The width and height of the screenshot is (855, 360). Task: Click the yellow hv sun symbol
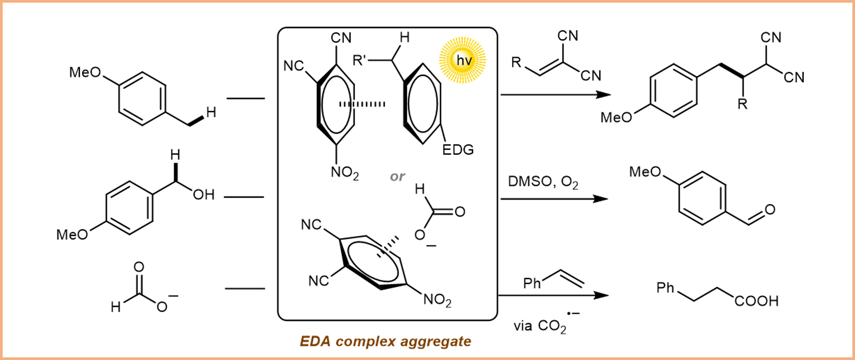[462, 60]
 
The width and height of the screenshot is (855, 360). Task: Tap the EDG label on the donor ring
[458, 150]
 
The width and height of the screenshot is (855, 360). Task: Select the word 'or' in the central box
[397, 176]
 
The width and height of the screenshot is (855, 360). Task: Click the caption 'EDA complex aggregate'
[386, 341]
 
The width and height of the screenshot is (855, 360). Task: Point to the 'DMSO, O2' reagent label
[543, 182]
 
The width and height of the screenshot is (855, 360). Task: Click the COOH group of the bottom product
[756, 301]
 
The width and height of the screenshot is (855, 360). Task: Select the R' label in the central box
[359, 60]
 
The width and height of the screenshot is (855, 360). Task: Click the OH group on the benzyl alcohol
[204, 195]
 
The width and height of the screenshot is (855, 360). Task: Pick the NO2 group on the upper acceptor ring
[344, 172]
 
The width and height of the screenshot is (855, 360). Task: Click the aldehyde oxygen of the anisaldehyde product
[770, 209]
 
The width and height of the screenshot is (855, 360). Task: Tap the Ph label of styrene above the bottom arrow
[532, 283]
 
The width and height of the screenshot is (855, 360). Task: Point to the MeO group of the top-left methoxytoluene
[85, 72]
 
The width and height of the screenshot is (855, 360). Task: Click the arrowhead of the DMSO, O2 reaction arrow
[602, 199]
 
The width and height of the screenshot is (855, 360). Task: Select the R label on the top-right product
[742, 104]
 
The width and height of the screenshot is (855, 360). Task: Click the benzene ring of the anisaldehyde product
[702, 198]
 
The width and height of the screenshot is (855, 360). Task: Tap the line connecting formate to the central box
[244, 289]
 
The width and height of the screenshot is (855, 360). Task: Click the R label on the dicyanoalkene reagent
[516, 62]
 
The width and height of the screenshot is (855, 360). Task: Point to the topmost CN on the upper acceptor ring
[341, 38]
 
